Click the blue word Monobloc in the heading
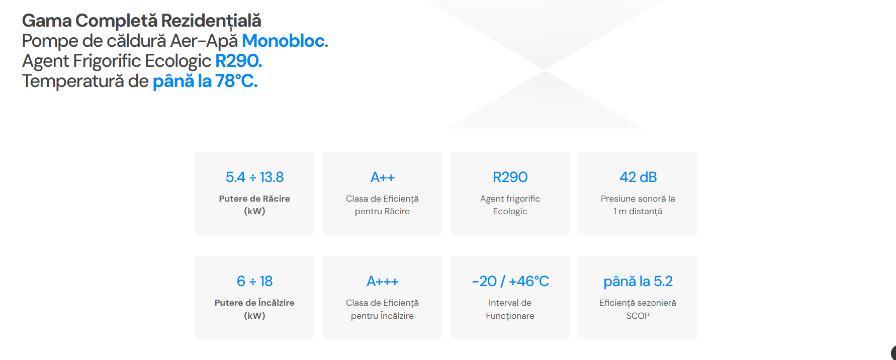[284, 41]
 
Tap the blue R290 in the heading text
[238, 61]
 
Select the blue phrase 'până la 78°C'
[205, 81]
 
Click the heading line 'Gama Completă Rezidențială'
[142, 21]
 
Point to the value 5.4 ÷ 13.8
[254, 177]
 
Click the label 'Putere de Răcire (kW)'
[254, 205]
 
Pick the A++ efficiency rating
[383, 177]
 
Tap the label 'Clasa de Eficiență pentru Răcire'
[382, 205]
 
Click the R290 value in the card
[510, 177]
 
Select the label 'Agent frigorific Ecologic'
[510, 205]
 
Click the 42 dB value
[638, 177]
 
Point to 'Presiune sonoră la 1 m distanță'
[638, 205]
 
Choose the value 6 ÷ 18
[254, 281]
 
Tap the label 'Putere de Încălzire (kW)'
[254, 309]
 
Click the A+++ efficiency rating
[383, 281]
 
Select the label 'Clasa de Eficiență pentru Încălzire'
[382, 309]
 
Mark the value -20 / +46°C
[510, 281]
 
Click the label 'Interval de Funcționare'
[510, 309]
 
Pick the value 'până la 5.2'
[638, 282]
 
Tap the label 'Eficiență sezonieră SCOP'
[638, 309]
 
